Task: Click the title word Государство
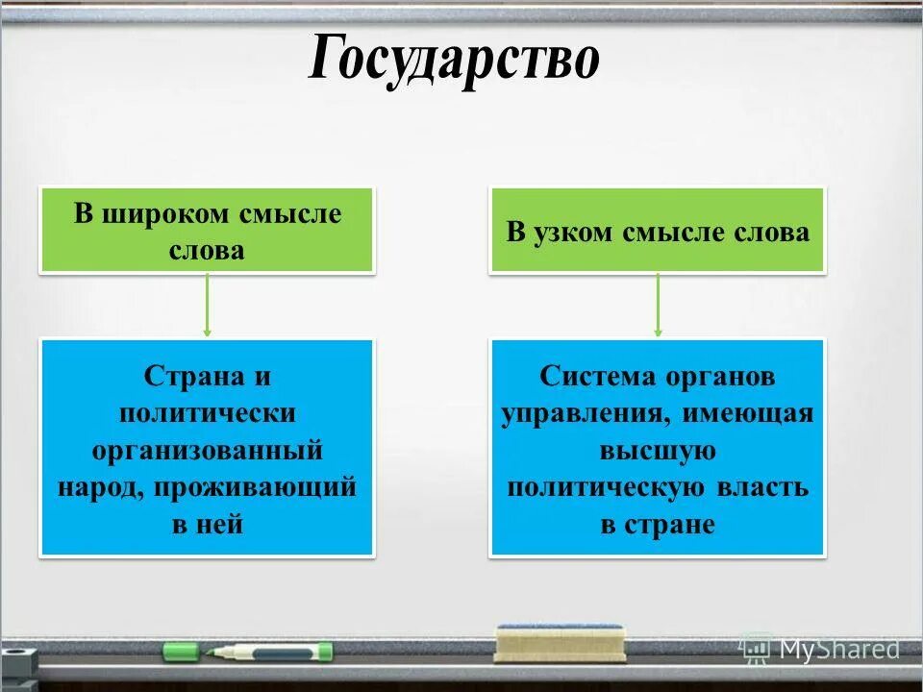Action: pyautogui.click(x=454, y=61)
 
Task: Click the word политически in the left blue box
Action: pyautogui.click(x=207, y=413)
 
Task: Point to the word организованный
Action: pyautogui.click(x=207, y=451)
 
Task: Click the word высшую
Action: pyautogui.click(x=658, y=451)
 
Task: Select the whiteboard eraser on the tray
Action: pyautogui.click(x=560, y=643)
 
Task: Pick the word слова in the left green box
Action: pyautogui.click(x=207, y=251)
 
